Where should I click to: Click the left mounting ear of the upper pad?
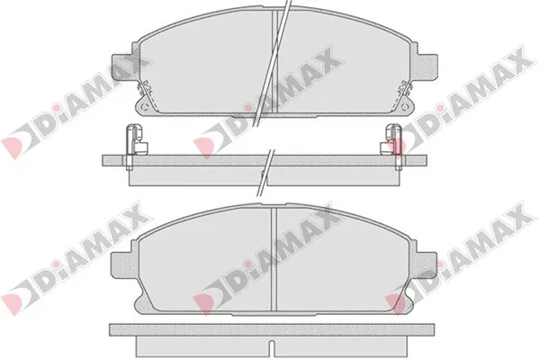(121, 67)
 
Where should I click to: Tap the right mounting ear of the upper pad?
(427, 67)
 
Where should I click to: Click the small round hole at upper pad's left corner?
(144, 106)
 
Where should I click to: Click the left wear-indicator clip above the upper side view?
(135, 139)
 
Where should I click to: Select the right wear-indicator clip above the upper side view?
(391, 139)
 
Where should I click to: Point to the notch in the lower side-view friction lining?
(272, 347)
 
